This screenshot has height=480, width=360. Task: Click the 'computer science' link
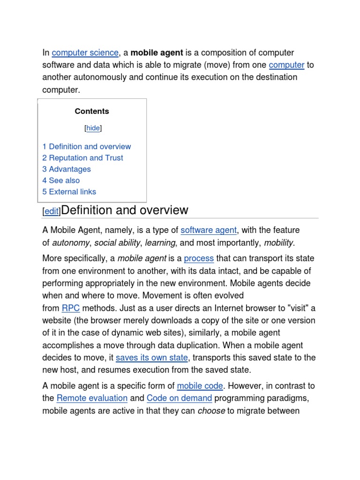coord(85,52)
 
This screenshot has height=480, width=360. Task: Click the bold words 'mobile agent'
coord(157,52)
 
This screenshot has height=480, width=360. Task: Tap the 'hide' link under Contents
coord(93,128)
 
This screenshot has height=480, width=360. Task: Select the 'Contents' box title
coord(92,111)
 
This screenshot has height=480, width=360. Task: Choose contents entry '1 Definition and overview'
coord(87,146)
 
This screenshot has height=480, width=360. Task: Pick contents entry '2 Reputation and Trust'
coord(82,157)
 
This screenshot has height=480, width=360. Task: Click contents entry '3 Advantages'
coord(67,169)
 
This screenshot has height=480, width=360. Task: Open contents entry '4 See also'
coord(61,180)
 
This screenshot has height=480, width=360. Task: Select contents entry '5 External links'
coord(69,191)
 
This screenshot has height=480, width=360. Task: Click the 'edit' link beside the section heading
coord(52,211)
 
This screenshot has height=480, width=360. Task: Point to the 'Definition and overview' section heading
coord(125,210)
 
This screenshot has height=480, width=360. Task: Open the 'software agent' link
coord(209,230)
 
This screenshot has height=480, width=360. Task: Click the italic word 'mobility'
coord(279,242)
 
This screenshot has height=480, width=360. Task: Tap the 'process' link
coord(199,258)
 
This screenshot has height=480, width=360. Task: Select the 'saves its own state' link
coord(152,358)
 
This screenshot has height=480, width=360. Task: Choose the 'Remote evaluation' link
coord(92,398)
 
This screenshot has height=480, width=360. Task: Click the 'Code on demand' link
coord(179,398)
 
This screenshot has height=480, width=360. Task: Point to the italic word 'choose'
coord(211,411)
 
